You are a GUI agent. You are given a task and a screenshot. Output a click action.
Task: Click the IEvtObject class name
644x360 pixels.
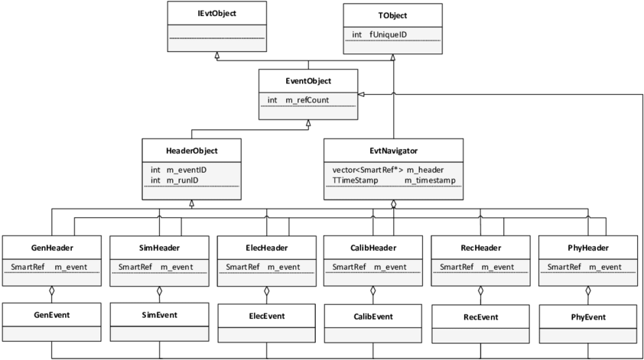pos(217,13)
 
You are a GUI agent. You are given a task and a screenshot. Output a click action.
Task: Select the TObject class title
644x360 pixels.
pos(392,15)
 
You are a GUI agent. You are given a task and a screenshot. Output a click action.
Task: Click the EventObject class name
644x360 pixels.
pos(308,81)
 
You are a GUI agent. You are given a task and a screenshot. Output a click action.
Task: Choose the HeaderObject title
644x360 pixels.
pos(192,151)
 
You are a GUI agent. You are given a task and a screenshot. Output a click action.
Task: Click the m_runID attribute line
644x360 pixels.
pos(174,180)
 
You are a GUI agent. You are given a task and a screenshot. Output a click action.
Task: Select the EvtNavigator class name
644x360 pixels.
pos(393,151)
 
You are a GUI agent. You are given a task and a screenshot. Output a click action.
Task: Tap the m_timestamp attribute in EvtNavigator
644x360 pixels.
pos(430,180)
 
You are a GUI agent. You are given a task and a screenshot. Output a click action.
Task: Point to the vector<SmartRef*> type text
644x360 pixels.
pos(368,170)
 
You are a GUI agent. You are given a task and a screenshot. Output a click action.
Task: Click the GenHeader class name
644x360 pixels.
pos(52,248)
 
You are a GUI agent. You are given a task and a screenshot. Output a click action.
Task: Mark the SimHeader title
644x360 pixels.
pos(159,248)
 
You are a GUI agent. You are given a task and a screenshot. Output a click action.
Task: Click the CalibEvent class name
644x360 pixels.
pos(373,316)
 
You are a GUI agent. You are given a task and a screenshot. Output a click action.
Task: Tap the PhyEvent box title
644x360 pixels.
pos(588,317)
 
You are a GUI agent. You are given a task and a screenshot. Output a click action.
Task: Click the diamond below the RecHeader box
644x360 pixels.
pos(481,291)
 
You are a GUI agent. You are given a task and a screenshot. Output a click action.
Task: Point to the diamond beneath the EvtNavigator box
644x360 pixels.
pos(393,204)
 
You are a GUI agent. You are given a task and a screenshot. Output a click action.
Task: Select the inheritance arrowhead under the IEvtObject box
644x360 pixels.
pos(217,55)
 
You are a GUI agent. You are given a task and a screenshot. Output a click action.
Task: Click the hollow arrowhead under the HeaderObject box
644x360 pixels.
pos(192,203)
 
